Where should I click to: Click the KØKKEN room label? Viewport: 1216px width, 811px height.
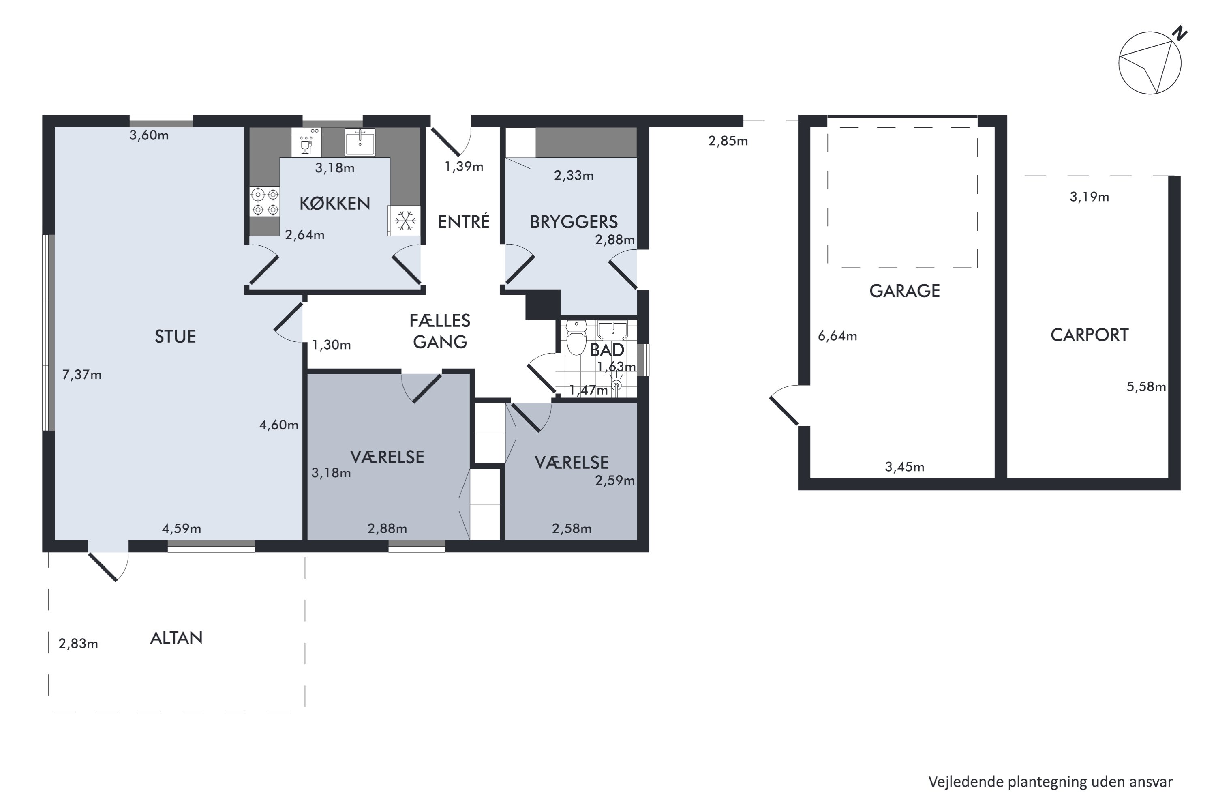pos(334,203)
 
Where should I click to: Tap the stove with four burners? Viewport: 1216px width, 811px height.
pos(265,202)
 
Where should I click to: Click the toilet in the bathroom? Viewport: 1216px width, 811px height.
pos(576,337)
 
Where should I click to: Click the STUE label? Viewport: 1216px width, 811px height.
pos(175,337)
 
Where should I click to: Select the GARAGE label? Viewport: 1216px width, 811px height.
pos(904,291)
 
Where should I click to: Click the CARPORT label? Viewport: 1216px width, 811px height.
pos(1090,335)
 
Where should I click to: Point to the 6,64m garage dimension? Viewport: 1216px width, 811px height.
pos(837,336)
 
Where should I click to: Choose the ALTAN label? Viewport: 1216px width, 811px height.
pos(176,638)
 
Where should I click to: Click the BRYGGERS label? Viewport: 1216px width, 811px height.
pos(574,222)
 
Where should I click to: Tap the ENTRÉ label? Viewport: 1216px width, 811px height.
pos(463,221)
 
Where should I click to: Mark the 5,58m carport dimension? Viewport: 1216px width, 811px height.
pos(1146,387)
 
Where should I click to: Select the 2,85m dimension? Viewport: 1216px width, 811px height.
pos(728,141)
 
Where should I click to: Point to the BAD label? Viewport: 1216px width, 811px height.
pos(607,350)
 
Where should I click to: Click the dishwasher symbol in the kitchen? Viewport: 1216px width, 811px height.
pos(306,142)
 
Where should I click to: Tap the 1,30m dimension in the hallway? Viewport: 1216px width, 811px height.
pos(332,345)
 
